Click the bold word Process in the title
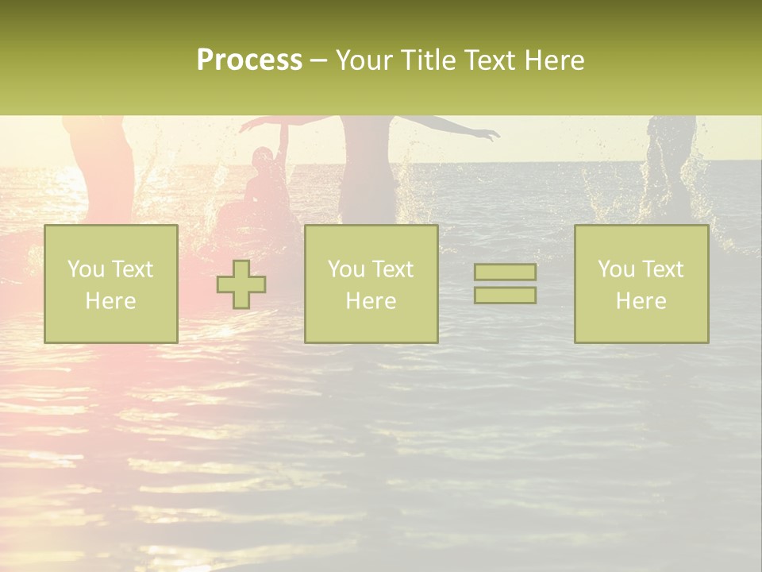(x=249, y=60)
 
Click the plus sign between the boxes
(x=241, y=284)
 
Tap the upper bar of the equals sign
(x=505, y=272)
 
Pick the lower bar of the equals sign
(x=505, y=296)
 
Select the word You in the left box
(x=86, y=269)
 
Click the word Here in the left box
(x=110, y=301)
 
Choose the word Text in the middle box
(x=393, y=269)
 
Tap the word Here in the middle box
(x=371, y=301)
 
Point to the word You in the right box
(x=616, y=269)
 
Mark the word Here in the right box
(x=641, y=301)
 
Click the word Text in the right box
(x=663, y=269)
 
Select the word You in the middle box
(x=346, y=269)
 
